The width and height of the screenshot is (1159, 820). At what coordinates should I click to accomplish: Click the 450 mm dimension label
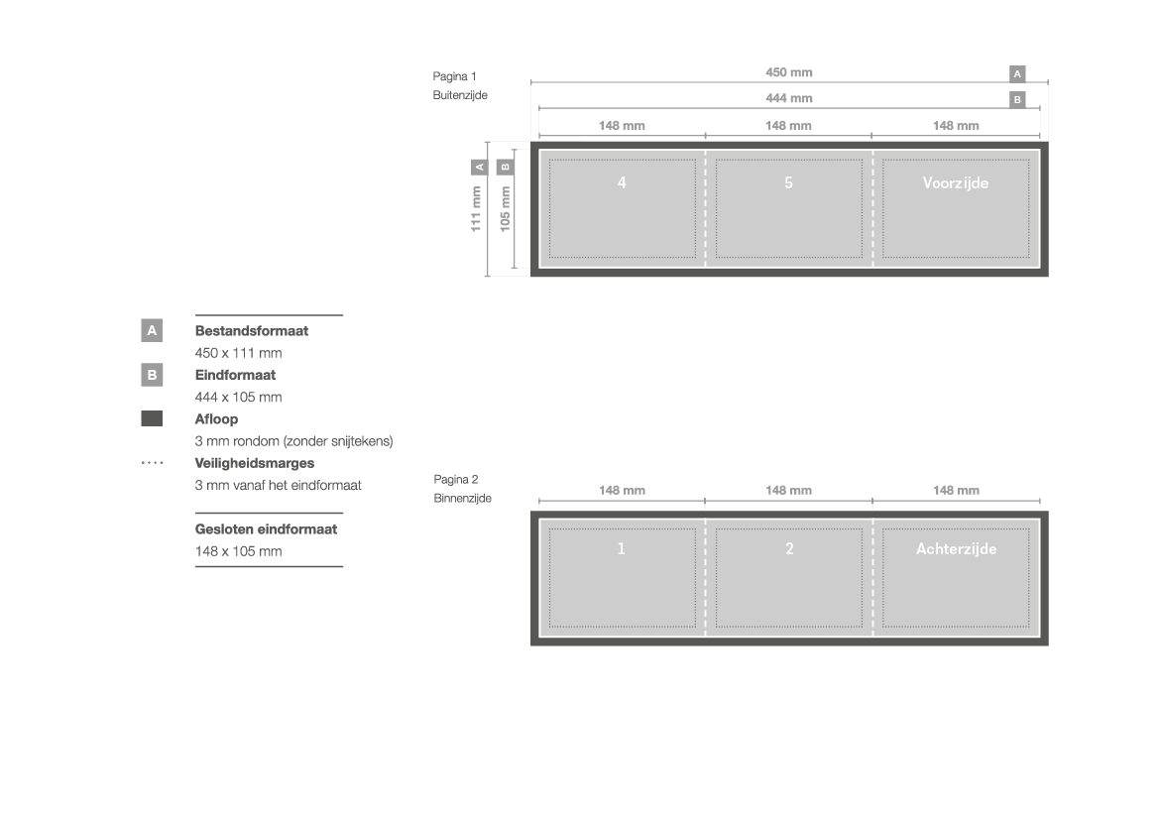788,72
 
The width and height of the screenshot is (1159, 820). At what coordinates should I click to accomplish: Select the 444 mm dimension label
788,98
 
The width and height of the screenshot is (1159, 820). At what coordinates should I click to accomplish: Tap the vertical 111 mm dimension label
476,209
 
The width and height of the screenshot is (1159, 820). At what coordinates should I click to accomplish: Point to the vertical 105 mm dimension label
505,209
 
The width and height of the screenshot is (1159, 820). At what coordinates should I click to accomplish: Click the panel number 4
622,182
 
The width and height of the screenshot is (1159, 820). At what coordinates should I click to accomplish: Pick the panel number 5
788,182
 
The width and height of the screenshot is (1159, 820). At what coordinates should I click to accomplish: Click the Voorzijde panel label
956,183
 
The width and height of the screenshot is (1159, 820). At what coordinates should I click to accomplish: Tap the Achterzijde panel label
957,548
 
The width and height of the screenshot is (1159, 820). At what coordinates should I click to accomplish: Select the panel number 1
621,548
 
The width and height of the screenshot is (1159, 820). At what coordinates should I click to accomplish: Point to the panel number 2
789,548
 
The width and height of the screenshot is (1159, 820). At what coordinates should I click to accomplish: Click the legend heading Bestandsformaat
251,330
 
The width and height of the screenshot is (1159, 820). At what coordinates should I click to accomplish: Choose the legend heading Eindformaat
235,375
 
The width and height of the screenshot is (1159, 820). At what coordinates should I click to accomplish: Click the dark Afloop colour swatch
152,418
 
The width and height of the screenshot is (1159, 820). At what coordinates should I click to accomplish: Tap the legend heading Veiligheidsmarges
254,463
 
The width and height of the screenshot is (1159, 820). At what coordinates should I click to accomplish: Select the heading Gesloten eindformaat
266,528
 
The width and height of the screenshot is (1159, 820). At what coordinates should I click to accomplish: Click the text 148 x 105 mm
238,551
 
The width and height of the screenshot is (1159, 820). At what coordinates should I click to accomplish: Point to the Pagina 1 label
455,76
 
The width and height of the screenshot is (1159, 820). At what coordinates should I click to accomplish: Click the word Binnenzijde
463,499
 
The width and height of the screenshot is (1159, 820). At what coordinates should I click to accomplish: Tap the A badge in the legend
152,330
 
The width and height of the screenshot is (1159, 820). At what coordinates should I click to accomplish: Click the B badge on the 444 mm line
1017,100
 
